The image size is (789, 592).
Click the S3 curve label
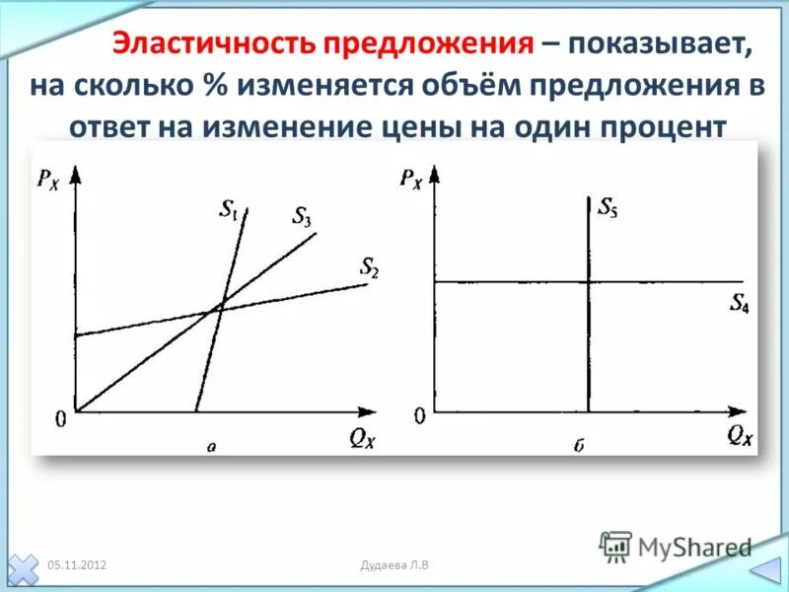click(x=301, y=217)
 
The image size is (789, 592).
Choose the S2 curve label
click(x=369, y=265)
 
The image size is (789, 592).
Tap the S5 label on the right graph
click(x=608, y=208)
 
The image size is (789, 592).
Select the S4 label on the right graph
click(x=739, y=304)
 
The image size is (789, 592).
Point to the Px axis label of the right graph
click(x=412, y=179)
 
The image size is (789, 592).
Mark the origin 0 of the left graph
click(x=60, y=418)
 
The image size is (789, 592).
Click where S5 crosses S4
click(x=588, y=282)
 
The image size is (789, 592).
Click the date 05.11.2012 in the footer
click(x=77, y=564)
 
